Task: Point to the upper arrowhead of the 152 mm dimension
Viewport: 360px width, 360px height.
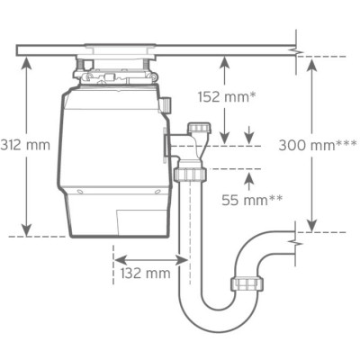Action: click(x=223, y=61)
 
